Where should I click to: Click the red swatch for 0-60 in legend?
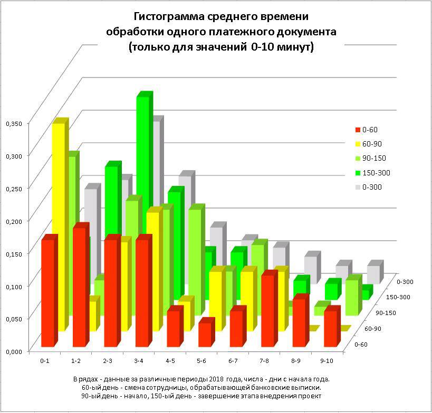click(358, 130)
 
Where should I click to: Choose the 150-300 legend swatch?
click(358, 173)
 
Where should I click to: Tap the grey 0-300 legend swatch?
click(358, 187)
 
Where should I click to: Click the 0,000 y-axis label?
click(14, 351)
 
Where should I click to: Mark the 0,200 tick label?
click(14, 221)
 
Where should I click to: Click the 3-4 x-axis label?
click(139, 361)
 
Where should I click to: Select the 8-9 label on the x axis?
click(296, 361)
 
